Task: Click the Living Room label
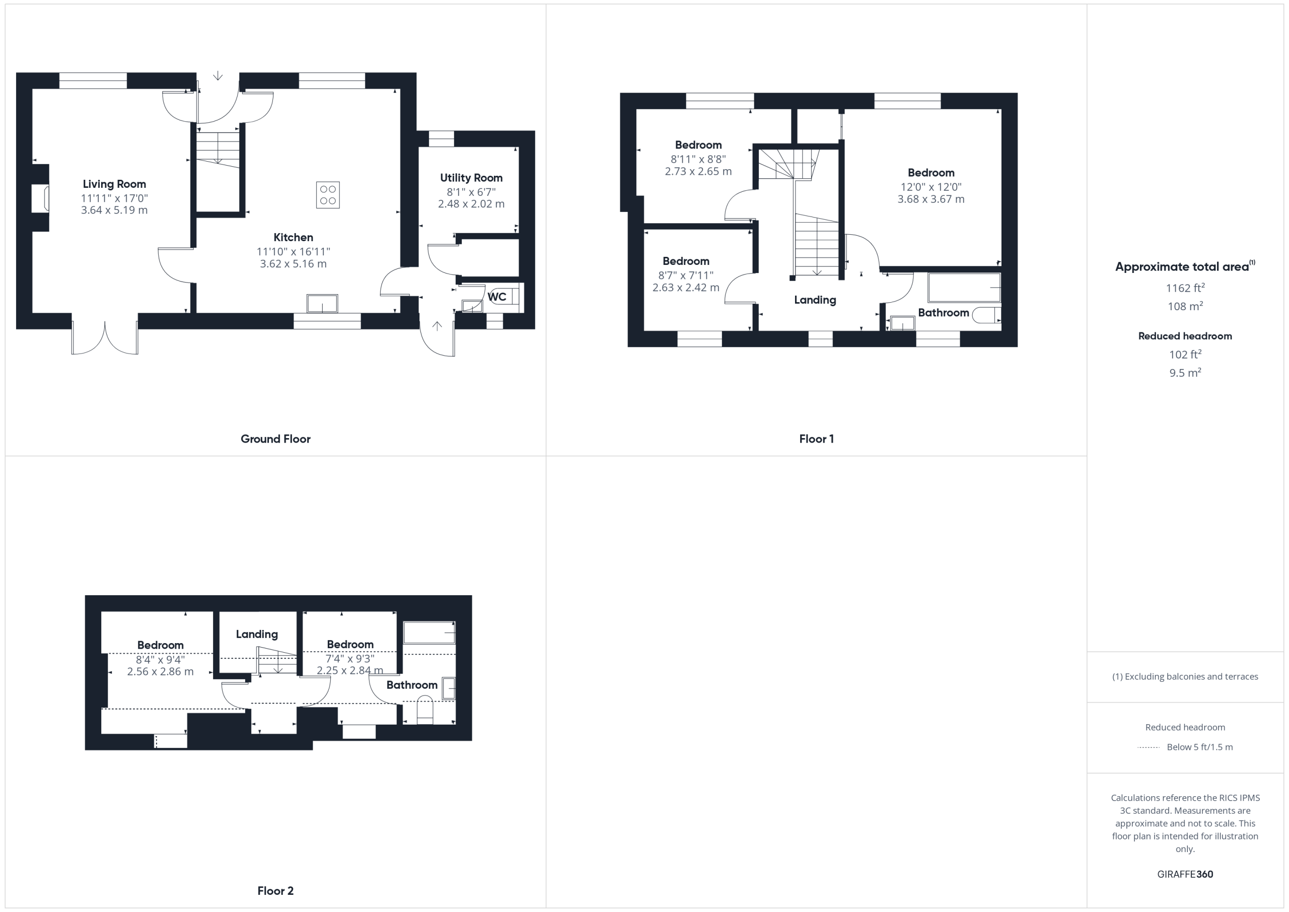(x=114, y=184)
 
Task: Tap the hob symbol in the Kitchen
(x=328, y=195)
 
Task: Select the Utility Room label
(x=471, y=178)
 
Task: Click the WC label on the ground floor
(x=497, y=297)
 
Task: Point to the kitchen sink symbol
(x=322, y=303)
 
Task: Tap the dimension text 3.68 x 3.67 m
(x=931, y=199)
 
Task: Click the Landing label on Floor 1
(x=815, y=300)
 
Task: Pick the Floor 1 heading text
(x=816, y=439)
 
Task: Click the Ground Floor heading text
(x=275, y=439)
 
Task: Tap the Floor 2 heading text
(x=275, y=891)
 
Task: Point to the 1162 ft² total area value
(x=1185, y=288)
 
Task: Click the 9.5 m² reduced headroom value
(x=1185, y=373)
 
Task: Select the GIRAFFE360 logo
(x=1185, y=874)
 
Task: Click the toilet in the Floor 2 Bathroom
(x=425, y=710)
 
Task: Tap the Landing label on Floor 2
(x=257, y=635)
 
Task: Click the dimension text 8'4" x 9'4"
(x=161, y=660)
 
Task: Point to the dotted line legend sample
(x=1149, y=747)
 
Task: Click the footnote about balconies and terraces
(x=1185, y=677)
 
